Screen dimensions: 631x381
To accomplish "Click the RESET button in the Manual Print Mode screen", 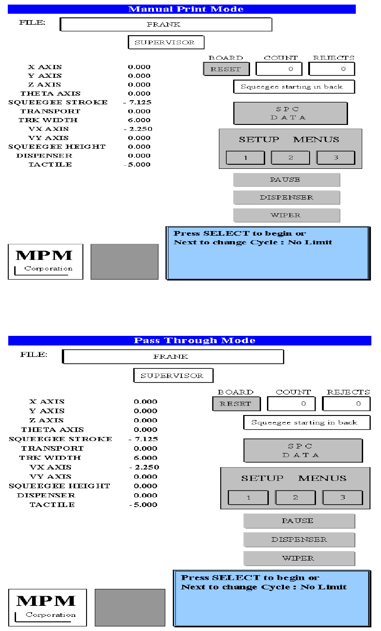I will pos(226,69).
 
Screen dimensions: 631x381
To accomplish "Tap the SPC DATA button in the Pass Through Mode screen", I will pos(303,450).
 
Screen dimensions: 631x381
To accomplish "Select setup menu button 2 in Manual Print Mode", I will pos(290,157).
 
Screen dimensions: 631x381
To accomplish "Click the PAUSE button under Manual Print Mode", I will pos(286,180).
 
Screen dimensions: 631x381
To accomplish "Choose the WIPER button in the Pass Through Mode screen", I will pos(299,558).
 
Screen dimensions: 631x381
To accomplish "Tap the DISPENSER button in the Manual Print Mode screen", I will pos(286,198).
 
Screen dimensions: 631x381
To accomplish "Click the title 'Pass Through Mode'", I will pos(194,340).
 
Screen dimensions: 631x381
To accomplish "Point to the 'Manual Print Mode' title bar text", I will pos(185,9).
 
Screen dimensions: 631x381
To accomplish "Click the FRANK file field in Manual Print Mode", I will pos(166,24).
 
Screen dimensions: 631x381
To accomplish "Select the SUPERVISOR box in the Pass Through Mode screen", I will pos(173,376).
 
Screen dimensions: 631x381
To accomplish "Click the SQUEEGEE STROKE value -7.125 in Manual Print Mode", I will pos(137,102).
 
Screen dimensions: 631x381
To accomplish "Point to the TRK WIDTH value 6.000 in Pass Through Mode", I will pos(145,458).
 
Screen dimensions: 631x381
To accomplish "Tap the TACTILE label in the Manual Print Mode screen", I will pos(50,165).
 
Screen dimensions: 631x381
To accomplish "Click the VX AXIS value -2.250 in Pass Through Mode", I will pos(144,467).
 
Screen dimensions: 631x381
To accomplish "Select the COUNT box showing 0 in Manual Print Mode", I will pos(279,69).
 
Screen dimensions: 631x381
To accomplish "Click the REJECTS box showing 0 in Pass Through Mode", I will pos(346,404).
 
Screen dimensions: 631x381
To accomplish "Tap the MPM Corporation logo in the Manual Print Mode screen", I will pos(45,262).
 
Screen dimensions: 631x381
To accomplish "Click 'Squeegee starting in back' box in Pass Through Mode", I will pos(306,423).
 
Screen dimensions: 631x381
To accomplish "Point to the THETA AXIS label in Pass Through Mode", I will pos(52,430).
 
